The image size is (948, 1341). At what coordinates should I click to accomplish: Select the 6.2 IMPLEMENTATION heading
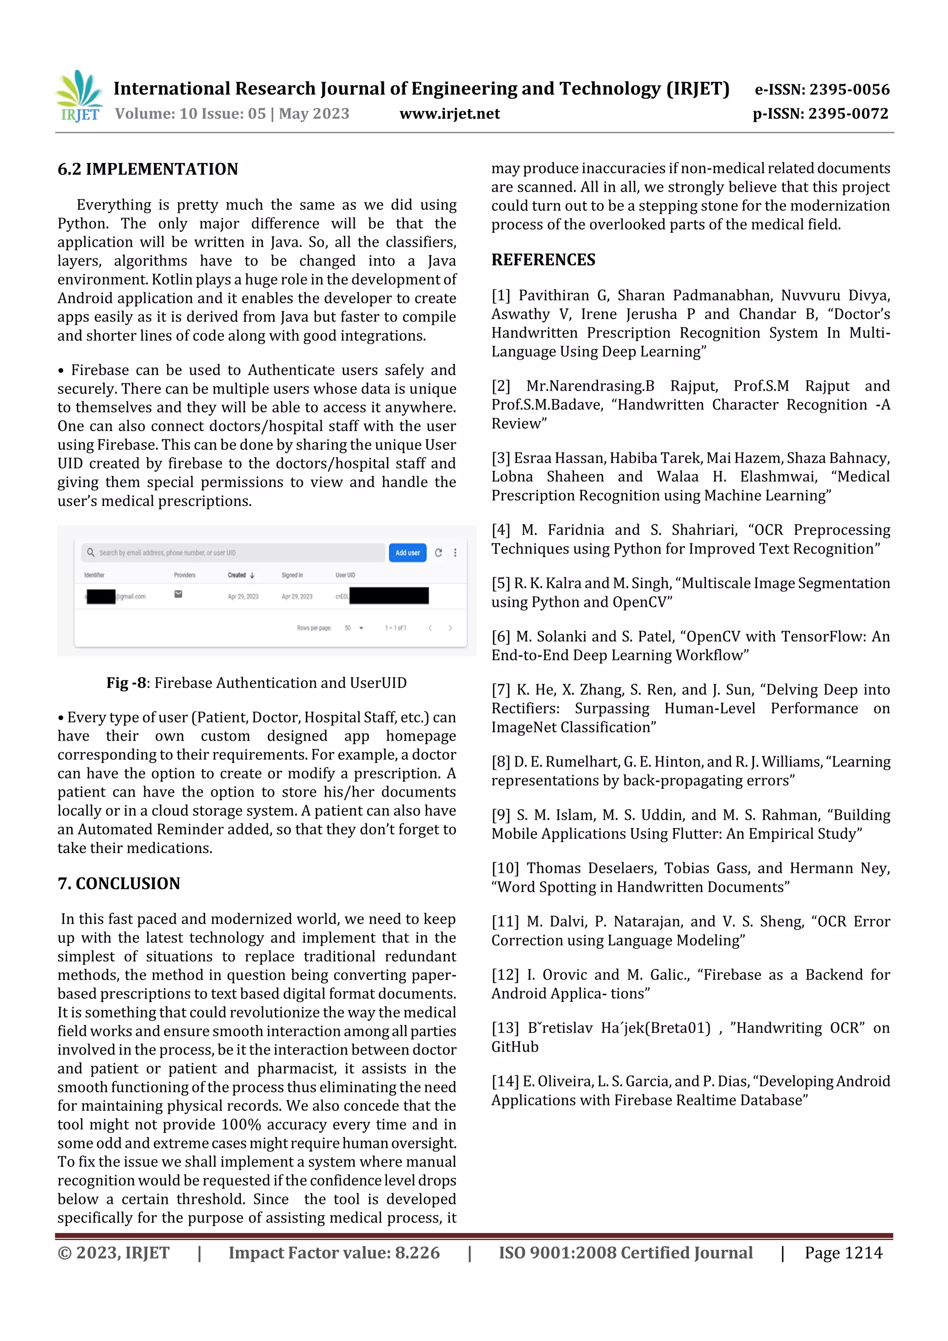click(148, 169)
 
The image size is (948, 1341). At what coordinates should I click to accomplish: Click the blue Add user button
click(407, 553)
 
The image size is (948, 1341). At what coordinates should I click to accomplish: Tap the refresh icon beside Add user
click(438, 553)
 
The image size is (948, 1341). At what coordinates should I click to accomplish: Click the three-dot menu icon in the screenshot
click(455, 553)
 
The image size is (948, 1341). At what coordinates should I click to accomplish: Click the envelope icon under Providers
click(178, 594)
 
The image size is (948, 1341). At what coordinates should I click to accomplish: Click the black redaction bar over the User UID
click(388, 596)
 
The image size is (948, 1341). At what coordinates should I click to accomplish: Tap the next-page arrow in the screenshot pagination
click(450, 628)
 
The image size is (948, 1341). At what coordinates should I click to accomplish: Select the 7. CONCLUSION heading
click(118, 884)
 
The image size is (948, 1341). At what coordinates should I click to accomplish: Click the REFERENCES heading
click(543, 260)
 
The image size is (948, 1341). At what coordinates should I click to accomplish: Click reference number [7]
click(500, 690)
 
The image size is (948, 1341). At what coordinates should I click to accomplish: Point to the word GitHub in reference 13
click(515, 1047)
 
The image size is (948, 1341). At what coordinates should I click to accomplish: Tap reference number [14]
click(505, 1081)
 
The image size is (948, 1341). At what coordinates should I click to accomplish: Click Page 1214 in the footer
click(843, 1253)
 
